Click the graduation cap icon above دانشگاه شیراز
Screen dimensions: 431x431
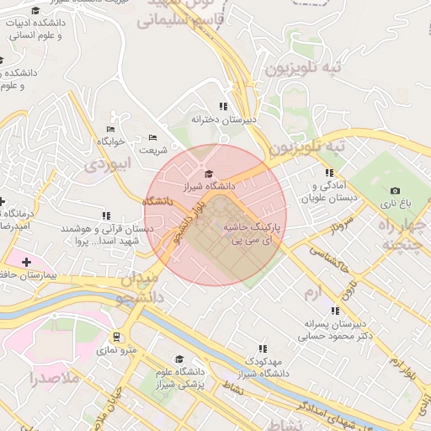click(209, 173)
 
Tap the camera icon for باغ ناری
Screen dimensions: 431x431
click(395, 191)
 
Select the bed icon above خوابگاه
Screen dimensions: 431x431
click(110, 129)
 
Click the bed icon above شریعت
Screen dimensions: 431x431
click(152, 137)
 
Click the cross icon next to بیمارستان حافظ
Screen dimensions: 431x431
click(26, 263)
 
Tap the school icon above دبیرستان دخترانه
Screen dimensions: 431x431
click(223, 106)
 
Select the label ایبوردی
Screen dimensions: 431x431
click(109, 165)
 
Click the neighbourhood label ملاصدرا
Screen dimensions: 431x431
click(53, 378)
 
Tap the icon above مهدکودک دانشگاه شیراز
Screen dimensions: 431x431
click(263, 348)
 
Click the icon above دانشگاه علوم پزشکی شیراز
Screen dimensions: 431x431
click(178, 359)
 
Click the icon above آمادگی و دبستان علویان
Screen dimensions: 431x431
click(329, 173)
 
